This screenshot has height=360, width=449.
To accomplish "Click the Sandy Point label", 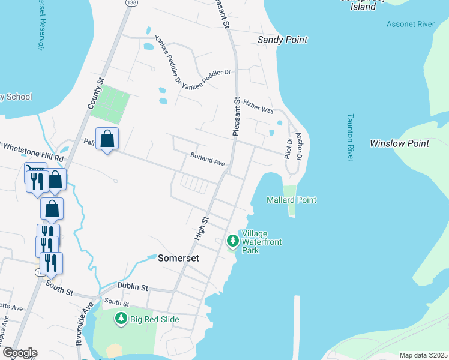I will point(282,40).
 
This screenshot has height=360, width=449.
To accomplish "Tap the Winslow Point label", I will point(399,143).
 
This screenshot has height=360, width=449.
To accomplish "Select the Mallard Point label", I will point(291,200).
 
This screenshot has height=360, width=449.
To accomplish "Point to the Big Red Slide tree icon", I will point(121,319).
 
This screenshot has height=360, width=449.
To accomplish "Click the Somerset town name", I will point(178,259).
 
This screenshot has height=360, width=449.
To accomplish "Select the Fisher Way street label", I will point(258,107).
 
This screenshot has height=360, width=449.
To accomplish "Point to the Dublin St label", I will point(133,287).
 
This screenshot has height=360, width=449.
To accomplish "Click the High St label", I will point(200,229).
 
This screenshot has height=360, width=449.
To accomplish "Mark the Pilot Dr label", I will point(288,148).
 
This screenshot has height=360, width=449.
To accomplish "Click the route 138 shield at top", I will point(130,3).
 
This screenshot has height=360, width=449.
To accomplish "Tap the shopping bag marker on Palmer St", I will point(107,139).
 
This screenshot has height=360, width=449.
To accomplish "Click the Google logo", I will point(19,353).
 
